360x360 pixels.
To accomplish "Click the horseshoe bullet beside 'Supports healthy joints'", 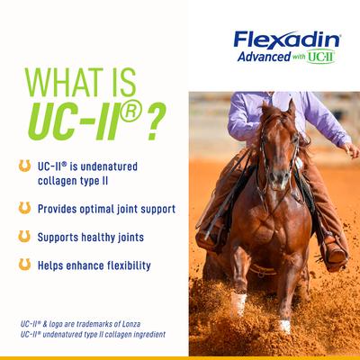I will tap(24, 237).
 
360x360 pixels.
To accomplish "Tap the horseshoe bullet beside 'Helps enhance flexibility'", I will tap(24, 265).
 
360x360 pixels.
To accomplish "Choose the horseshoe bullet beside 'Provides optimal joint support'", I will tap(24, 208).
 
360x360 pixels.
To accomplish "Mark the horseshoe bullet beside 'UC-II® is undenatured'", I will tap(24, 166).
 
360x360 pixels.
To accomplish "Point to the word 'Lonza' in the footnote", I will tap(151, 322).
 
